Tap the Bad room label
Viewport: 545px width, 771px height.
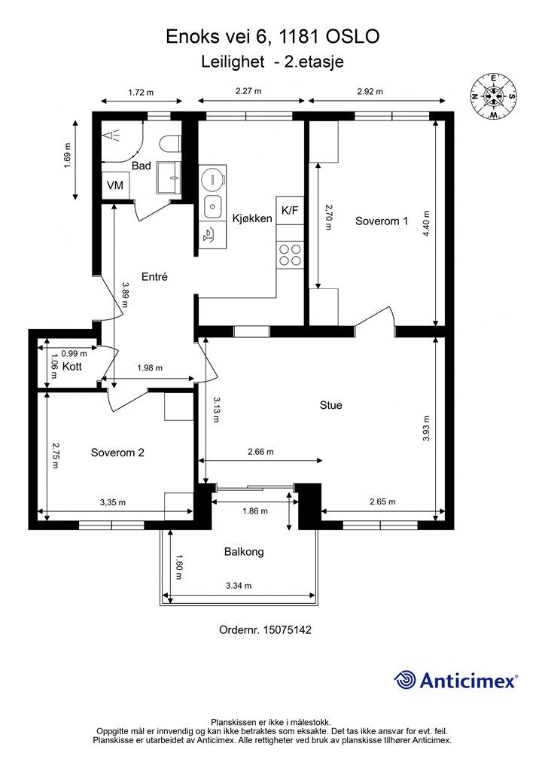point(141,166)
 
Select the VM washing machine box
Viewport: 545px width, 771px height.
point(115,185)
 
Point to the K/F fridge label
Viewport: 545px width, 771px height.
point(290,211)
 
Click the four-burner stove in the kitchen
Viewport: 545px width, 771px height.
point(290,254)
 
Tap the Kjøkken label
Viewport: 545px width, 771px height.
point(252,218)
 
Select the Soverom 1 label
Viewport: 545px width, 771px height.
point(382,221)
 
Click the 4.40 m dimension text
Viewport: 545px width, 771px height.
point(426,224)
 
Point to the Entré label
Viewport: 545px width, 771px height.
point(154,277)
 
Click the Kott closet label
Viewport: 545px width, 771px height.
point(72,367)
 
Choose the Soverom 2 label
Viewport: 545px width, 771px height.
point(117,453)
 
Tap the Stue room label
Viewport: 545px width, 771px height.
point(330,405)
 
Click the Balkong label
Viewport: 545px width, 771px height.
point(244,552)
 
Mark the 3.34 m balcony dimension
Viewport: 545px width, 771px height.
point(239,586)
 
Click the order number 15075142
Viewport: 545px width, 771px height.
point(288,629)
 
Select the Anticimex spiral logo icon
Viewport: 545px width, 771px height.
point(406,680)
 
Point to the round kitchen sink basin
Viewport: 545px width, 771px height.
point(212,179)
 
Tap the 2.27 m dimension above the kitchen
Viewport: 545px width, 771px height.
point(248,91)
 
